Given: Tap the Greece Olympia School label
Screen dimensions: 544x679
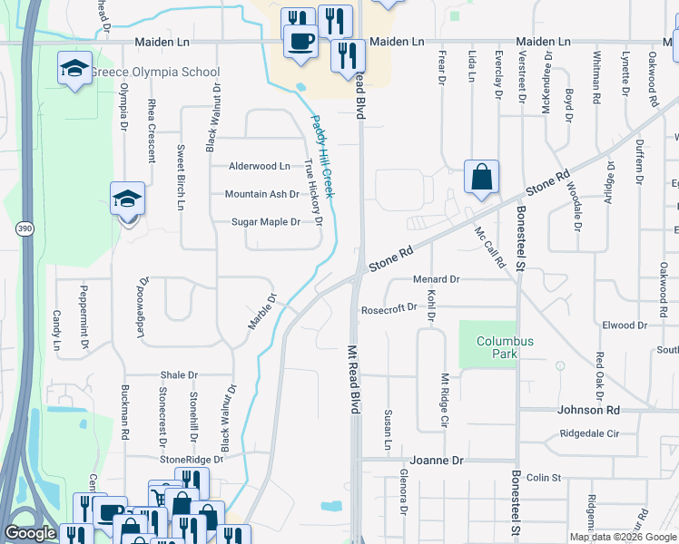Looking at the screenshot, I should pos(167,73).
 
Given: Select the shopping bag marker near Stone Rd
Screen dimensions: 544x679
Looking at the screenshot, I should pos(481,178).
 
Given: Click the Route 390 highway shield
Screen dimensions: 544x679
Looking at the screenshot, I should pos(24,229).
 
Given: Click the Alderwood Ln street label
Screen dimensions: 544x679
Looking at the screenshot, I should pos(260,166).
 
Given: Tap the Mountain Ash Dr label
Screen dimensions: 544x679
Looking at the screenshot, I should pos(261,194).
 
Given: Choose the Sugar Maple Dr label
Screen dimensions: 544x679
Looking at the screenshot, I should pos(265,222).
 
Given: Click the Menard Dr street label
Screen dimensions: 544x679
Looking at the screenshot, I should pos(437,279).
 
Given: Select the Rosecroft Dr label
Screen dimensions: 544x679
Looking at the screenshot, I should pos(389,307).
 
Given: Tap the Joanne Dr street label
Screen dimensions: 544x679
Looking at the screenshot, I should pos(437,461).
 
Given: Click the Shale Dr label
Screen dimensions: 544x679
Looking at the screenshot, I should pos(179,374).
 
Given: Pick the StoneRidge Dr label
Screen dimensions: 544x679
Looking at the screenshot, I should pos(191,460).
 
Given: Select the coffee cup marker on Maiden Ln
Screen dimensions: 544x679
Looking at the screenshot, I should pos(300,41).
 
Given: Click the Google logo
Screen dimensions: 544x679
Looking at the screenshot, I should pos(30,533).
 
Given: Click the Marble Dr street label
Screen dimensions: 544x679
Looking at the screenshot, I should pos(261,312).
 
